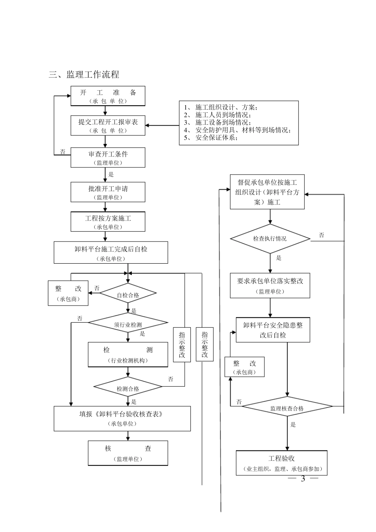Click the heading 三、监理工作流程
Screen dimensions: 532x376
pos(84,74)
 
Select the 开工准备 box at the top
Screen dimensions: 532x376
pos(108,96)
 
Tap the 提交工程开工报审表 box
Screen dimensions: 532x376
pos(108,125)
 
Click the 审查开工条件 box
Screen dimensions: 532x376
pos(108,158)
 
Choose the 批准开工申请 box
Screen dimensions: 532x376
pos(108,192)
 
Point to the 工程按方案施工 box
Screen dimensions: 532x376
pos(108,222)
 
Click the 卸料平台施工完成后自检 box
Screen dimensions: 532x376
pos(111,253)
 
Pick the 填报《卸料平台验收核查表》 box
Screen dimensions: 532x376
pos(122,418)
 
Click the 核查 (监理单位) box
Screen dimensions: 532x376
pos(128,453)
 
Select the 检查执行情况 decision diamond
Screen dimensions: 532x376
pos(270,239)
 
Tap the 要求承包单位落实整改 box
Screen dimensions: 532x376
pos(270,285)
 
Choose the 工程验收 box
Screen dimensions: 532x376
pos(281,463)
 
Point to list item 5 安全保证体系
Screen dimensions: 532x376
pos(212,138)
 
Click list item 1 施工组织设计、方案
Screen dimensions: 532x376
pos(222,107)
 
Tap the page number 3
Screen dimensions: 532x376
pos(303,479)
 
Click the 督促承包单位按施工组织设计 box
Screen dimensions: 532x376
pos(267,192)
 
